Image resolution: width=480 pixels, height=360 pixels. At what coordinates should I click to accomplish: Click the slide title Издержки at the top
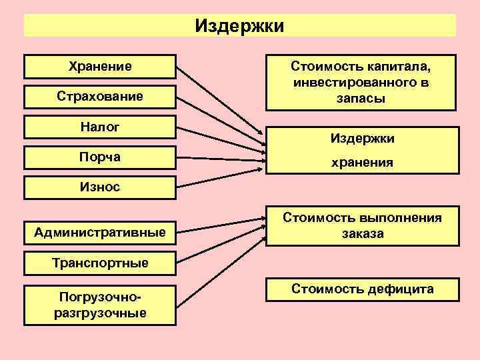point(240,26)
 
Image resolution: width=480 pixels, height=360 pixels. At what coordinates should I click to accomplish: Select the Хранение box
point(100,66)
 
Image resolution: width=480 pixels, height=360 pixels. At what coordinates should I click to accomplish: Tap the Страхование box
point(100,96)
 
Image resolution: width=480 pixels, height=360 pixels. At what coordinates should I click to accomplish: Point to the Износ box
point(100,186)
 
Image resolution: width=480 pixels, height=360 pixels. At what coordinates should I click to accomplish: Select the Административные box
point(100,232)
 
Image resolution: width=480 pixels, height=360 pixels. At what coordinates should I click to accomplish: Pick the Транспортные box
point(100,262)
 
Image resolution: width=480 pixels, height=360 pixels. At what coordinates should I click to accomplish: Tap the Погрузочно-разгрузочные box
point(100,304)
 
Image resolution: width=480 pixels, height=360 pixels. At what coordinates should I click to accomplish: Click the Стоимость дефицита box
point(363,289)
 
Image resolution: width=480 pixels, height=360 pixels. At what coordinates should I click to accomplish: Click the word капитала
point(400,67)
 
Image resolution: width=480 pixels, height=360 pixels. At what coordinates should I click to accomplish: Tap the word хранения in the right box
point(363,162)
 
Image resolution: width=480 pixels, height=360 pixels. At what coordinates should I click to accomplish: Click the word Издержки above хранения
point(363,139)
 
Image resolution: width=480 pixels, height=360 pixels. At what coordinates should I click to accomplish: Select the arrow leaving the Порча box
point(220,158)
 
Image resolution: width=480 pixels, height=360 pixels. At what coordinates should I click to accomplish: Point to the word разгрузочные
point(100,313)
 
